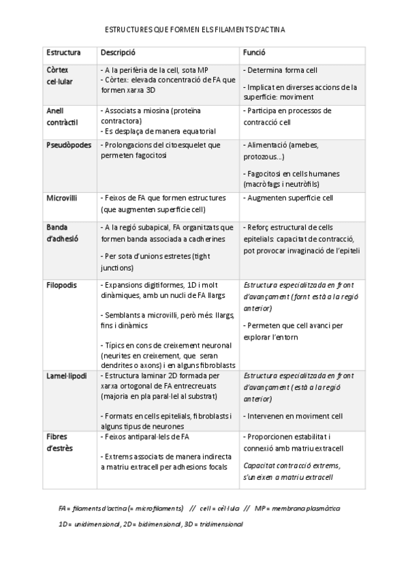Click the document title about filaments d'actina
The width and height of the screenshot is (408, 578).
195,31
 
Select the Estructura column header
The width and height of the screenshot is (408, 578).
63,52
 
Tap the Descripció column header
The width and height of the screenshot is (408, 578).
118,52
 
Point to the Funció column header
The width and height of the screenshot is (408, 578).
254,52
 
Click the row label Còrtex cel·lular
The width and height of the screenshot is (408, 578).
62,75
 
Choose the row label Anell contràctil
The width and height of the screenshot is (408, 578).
62,115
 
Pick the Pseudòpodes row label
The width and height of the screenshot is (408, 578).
68,145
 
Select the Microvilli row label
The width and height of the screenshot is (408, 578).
61,198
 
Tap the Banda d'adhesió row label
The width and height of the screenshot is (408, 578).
62,232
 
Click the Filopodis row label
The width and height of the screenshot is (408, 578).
61,284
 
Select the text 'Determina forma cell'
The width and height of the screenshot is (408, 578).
281,70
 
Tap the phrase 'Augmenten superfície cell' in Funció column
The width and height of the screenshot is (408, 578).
289,198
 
